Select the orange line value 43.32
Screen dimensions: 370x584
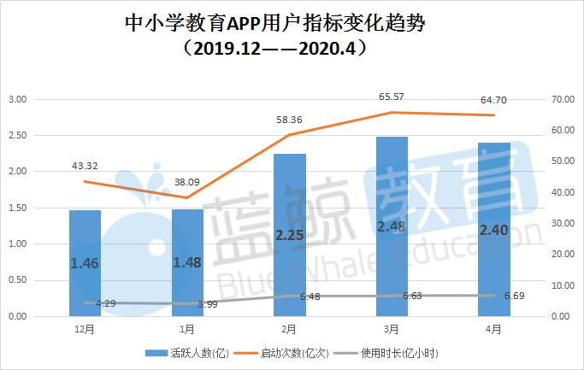[x=85, y=165]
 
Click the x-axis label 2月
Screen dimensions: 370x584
[x=289, y=329]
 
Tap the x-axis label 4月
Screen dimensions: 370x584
[x=493, y=329]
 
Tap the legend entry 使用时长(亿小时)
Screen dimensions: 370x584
[x=398, y=352]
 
